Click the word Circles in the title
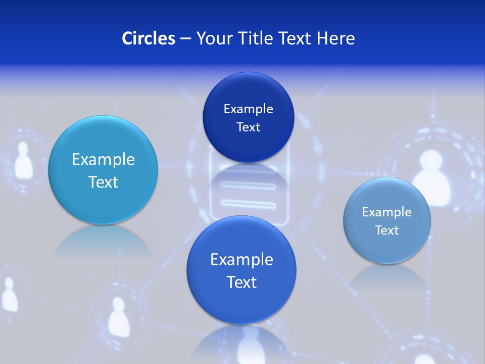148,38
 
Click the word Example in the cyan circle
103,160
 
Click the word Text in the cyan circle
103,182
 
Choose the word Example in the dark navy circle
248,109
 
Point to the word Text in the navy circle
248,127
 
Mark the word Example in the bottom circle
241,260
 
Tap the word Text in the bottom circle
241,282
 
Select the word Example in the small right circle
387,212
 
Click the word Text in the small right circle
387,231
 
